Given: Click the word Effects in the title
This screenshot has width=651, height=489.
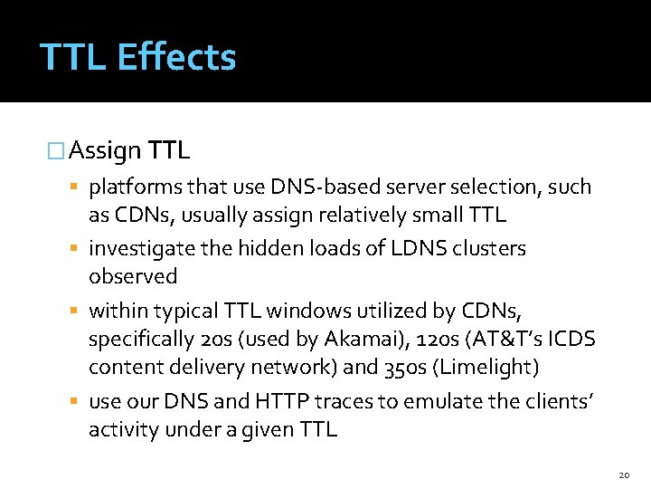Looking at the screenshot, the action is (176, 57).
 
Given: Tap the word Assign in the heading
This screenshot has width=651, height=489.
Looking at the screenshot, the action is (104, 149).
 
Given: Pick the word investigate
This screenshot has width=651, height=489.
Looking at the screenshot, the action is (141, 248).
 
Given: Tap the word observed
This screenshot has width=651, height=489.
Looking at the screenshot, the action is (133, 275).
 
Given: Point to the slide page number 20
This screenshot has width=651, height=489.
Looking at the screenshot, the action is (624, 474).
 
